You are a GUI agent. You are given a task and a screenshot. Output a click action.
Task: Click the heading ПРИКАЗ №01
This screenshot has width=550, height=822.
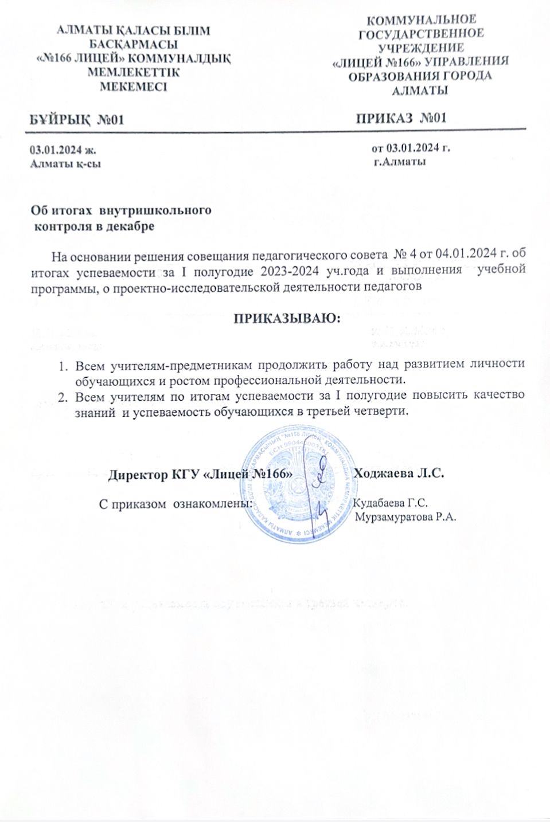[401, 119]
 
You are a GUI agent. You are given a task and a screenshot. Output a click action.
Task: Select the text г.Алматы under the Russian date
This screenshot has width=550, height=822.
[399, 162]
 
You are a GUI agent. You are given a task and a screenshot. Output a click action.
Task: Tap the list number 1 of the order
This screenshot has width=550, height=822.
[65, 366]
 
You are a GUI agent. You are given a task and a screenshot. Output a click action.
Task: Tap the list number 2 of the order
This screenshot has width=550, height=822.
[65, 397]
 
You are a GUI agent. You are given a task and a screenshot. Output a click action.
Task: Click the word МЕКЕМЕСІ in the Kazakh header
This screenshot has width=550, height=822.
[134, 87]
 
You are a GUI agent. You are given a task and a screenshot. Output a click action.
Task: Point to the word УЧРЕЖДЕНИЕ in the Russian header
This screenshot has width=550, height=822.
[420, 48]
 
